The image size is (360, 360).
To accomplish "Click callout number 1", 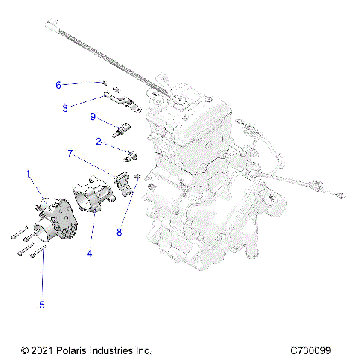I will point(29,174).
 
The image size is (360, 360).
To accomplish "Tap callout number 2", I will point(98,141).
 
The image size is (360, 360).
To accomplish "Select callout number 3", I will point(65,108).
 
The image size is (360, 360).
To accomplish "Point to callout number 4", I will point(89,253).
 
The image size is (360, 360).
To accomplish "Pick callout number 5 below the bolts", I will point(42,304).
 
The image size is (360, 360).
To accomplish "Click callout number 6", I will point(58,84).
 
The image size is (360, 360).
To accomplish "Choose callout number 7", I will point(70,153).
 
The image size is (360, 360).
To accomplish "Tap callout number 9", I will point(93,117).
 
